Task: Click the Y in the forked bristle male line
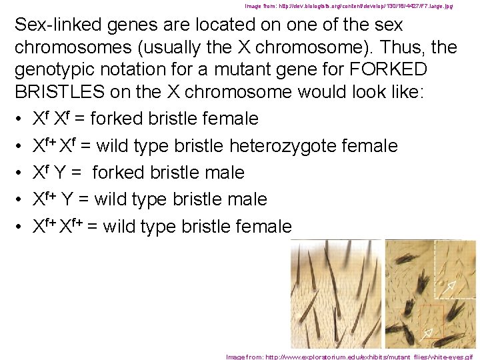pos(60,173)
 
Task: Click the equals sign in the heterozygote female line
pos(86,146)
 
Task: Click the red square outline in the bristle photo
pos(431,322)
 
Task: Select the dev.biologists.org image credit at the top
pos(349,6)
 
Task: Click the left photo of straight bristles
pos(337,293)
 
